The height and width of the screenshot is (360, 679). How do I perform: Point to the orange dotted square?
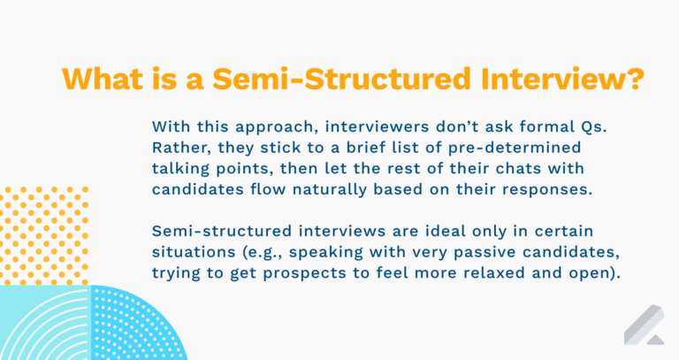(44, 234)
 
